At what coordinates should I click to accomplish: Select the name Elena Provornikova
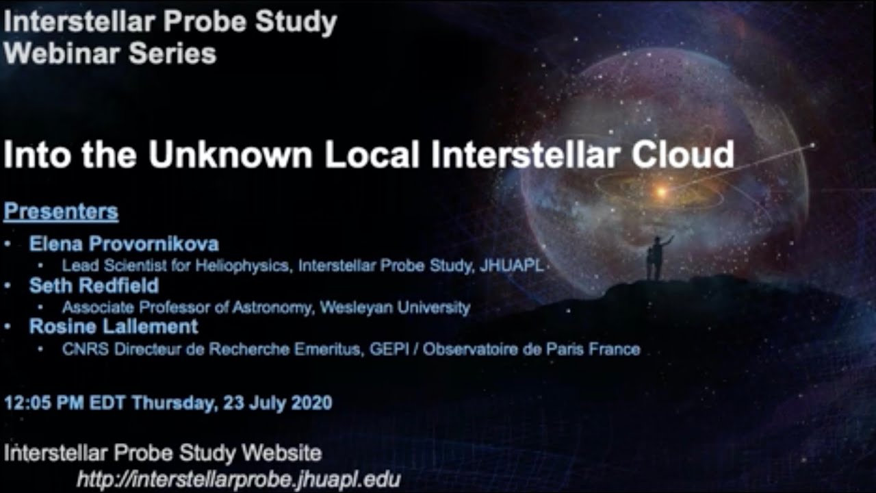coord(124,244)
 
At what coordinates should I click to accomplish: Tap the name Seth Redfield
coord(94,286)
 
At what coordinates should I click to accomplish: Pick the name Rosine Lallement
coord(114,327)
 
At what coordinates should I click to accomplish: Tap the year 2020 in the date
coord(311,402)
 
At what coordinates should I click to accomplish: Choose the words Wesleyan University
coord(395,307)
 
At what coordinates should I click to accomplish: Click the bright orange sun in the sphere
coord(660,192)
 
